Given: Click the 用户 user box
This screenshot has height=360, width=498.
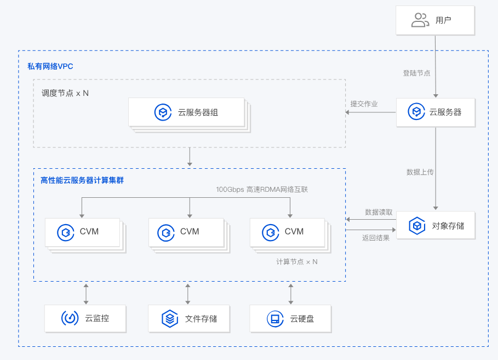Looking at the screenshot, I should (435, 21).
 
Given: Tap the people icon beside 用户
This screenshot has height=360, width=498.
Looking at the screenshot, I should (420, 21).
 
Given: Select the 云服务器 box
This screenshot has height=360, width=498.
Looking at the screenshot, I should (435, 112).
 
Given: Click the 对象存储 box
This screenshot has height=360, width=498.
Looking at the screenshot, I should (435, 225).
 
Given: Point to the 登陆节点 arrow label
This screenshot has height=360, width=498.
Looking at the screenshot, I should (416, 73).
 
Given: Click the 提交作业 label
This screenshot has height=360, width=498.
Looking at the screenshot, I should (364, 104).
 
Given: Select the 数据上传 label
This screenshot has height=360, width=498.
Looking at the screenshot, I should (420, 172).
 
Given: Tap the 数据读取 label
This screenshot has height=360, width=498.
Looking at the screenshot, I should (379, 212).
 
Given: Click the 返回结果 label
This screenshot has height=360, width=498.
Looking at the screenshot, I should (375, 238).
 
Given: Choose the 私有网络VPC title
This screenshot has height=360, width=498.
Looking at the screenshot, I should (50, 66).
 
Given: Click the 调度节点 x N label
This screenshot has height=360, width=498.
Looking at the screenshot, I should (65, 93).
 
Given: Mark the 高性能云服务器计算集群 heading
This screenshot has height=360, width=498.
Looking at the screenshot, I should (82, 180).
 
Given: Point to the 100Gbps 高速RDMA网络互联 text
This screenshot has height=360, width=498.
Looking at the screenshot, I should (262, 190).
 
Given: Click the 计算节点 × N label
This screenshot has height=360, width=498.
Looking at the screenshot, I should (296, 262).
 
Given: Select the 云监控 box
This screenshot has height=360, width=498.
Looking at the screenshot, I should (85, 318).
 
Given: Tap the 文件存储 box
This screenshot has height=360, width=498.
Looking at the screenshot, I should (189, 318).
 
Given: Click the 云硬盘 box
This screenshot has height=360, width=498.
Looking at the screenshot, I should (290, 318).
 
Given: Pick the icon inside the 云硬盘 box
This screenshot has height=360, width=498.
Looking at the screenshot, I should (273, 318).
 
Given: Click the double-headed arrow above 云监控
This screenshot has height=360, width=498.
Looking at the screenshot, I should (85, 294).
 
